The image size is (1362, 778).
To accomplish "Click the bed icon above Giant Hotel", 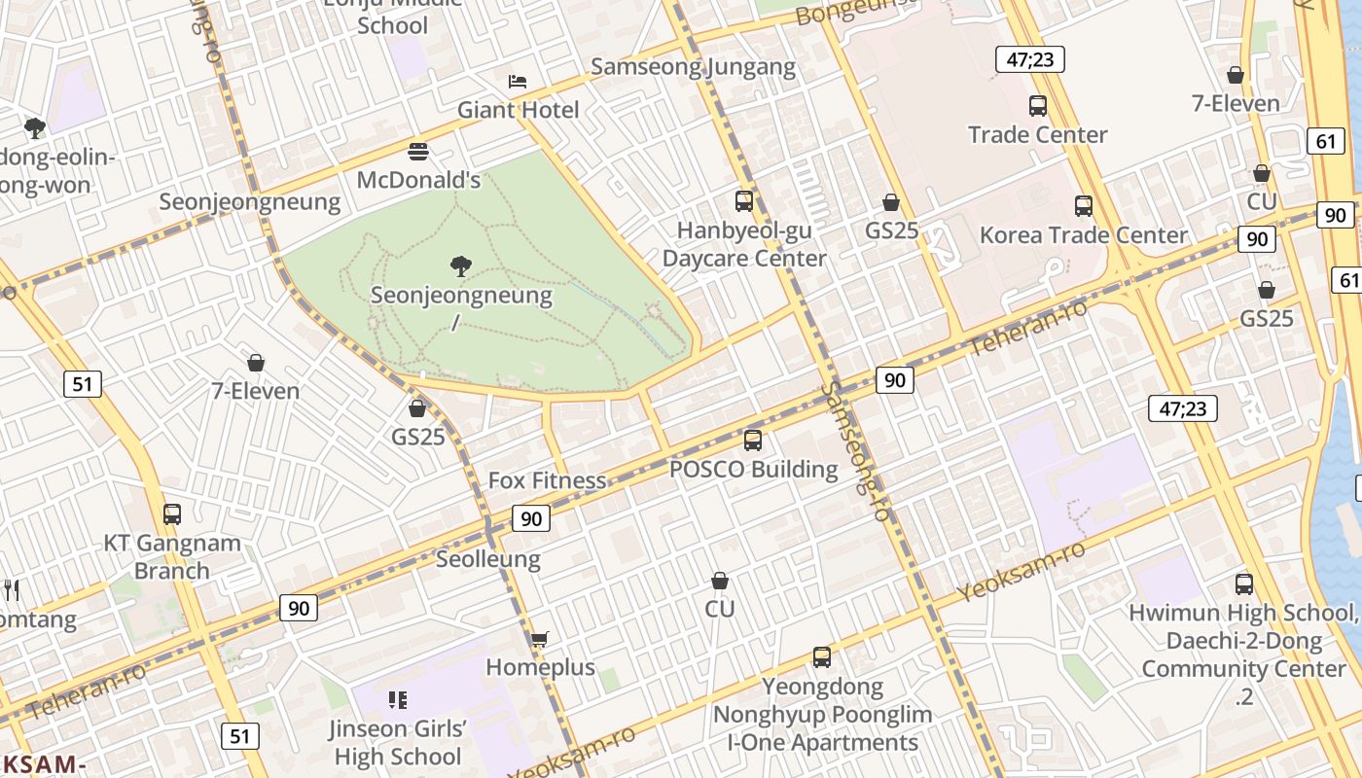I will [x=518, y=82].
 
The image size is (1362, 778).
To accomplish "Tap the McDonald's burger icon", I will [x=418, y=152].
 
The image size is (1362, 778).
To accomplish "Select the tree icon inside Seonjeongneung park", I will [x=461, y=266].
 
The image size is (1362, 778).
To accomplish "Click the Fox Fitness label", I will [x=547, y=480].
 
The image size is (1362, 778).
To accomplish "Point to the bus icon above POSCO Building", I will [x=752, y=441].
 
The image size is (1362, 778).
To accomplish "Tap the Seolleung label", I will [x=487, y=559].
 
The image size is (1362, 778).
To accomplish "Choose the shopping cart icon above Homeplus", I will [x=539, y=639].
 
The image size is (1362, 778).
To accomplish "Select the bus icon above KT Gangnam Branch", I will [x=172, y=514].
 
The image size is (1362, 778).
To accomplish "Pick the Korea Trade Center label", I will [x=1083, y=235].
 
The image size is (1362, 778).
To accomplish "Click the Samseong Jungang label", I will [x=693, y=67].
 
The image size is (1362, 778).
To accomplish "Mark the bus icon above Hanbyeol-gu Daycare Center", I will [x=744, y=201].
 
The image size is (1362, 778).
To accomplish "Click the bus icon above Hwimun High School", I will [x=1243, y=584].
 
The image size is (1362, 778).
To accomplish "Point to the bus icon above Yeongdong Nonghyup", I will [x=822, y=657].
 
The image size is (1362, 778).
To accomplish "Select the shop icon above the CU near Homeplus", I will [x=720, y=581].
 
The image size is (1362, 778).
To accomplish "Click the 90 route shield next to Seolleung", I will [x=531, y=518].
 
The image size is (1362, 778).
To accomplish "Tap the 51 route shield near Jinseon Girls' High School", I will [x=239, y=735].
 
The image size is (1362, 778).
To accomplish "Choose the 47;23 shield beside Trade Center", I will [x=1029, y=59].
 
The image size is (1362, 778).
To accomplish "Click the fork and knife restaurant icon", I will [x=12, y=589].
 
